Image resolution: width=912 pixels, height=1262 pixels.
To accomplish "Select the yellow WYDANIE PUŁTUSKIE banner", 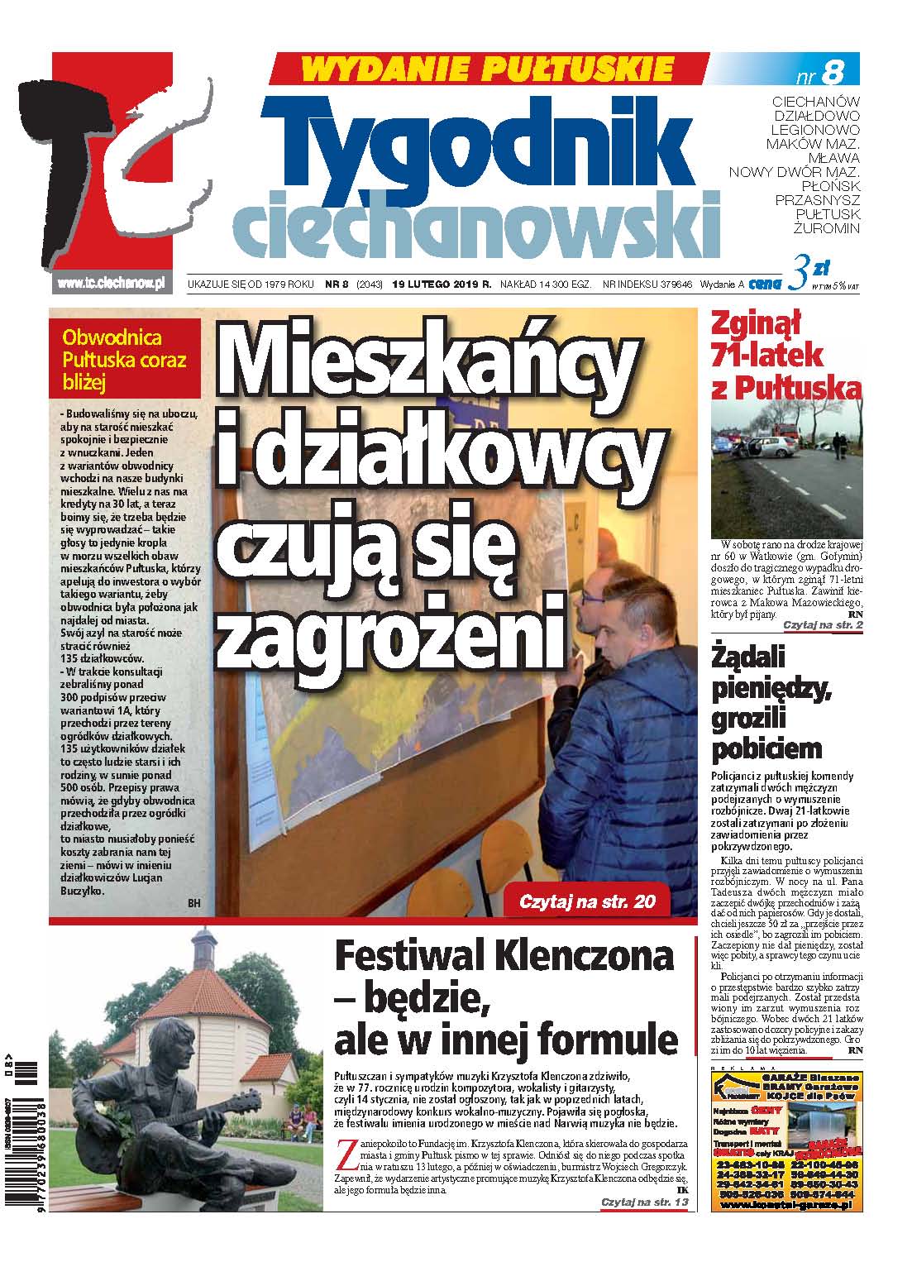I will click(489, 67).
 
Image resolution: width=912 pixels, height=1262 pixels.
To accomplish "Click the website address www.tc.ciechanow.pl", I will click(110, 283).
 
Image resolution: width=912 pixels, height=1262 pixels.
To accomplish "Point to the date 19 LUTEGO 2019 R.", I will click(442, 284).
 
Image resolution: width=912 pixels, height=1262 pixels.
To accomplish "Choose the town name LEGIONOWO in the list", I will click(814, 130).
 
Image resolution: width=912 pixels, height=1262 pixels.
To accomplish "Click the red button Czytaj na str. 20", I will click(587, 901).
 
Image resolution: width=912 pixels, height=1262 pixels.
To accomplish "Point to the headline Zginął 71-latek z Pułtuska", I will click(786, 357).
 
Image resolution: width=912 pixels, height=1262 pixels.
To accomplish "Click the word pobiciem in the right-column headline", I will click(766, 748).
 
